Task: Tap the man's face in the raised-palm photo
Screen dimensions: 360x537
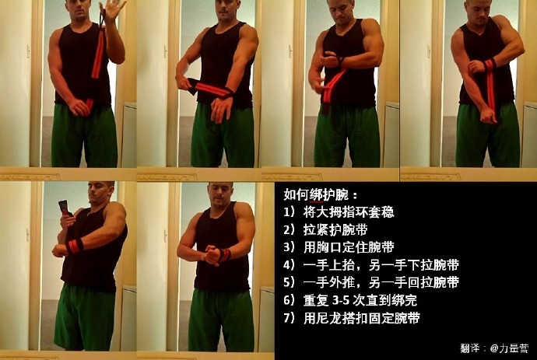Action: [x=78, y=11]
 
